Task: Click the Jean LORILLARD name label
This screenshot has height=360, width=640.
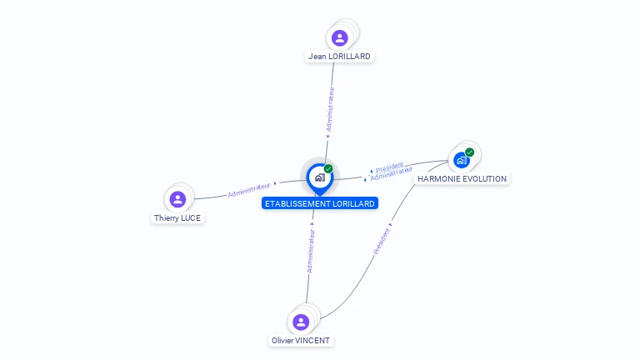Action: click(x=339, y=57)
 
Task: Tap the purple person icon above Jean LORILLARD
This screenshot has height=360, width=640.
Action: click(x=339, y=37)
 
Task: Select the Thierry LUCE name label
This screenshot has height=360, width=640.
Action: click(x=177, y=218)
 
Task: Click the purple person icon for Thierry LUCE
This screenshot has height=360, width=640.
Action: click(x=177, y=199)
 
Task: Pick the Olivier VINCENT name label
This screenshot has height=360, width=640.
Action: click(x=301, y=341)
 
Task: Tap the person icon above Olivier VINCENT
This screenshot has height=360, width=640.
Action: click(x=301, y=322)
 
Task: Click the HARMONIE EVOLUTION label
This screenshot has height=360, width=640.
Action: click(x=462, y=179)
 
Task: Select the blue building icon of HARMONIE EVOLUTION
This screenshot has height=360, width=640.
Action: click(x=461, y=160)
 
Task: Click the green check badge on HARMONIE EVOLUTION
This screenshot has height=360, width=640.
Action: click(x=470, y=152)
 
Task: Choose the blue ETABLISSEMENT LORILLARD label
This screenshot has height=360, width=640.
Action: click(x=320, y=203)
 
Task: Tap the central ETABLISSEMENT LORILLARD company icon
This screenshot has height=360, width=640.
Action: click(x=320, y=177)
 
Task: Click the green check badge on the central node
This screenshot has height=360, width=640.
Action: click(x=328, y=169)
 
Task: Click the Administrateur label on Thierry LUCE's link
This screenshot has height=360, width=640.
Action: click(x=249, y=189)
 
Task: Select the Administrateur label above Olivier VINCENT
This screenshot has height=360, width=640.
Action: click(x=311, y=252)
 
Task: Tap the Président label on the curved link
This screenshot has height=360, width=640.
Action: click(x=382, y=241)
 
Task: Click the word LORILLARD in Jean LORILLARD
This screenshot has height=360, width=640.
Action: click(x=350, y=57)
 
